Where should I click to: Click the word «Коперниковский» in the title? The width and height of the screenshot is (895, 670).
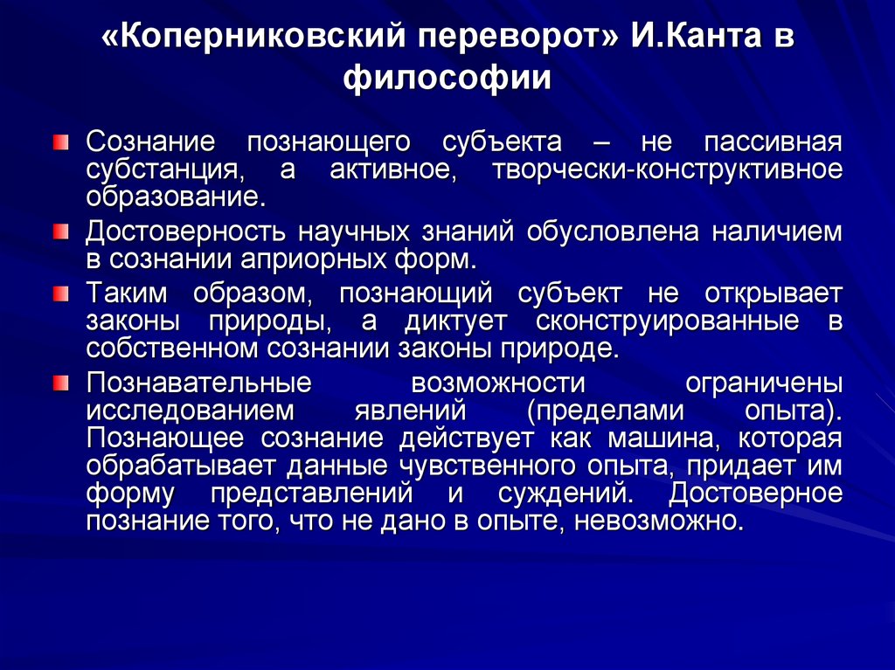coord(254,38)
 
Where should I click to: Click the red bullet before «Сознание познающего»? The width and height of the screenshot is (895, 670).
coord(59,141)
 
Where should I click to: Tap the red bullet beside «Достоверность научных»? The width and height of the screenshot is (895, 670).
coord(59,231)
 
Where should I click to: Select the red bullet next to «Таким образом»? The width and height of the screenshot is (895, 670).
coord(59,292)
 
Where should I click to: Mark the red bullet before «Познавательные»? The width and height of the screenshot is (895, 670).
coord(59,382)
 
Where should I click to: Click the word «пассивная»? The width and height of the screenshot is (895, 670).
coord(773,142)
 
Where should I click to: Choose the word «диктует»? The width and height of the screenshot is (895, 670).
coord(454,320)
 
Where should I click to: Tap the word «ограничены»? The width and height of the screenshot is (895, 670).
coord(764,383)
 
